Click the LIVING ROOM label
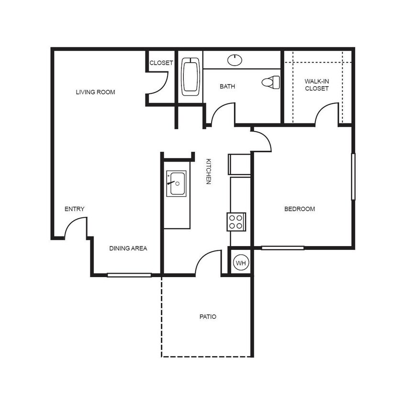point(95,92)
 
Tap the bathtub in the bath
point(191,77)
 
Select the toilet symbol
point(271,82)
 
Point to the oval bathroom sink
point(234,60)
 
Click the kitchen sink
point(176,183)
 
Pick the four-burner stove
point(236,222)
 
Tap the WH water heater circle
point(241,263)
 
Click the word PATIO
point(207,316)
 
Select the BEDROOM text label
point(300,209)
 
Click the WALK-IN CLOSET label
point(316,85)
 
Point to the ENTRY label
point(74,209)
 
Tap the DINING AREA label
point(128,248)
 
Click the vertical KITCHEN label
point(208,171)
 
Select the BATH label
point(227,87)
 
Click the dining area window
point(129,275)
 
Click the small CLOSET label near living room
point(161,63)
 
